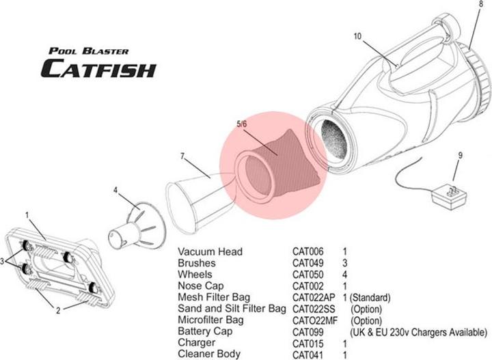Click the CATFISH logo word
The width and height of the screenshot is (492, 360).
(x=98, y=68)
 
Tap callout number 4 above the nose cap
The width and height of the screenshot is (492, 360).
(x=115, y=191)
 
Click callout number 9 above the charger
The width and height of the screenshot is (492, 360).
(x=460, y=156)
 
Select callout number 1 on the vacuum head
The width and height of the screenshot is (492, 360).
(x=27, y=214)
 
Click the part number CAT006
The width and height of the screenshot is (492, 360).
(x=309, y=252)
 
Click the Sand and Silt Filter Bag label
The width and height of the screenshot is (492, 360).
(x=231, y=309)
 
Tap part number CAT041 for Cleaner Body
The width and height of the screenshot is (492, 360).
(x=309, y=355)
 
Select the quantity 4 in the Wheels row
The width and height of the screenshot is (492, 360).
(x=345, y=275)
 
